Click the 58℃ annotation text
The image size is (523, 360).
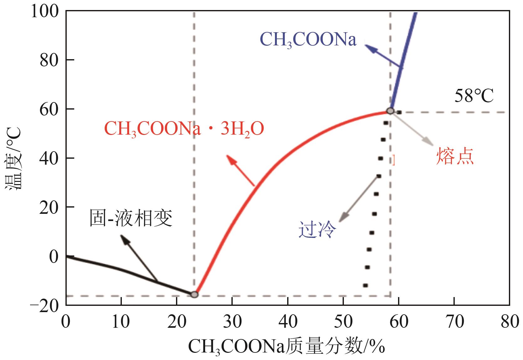click(x=474, y=97)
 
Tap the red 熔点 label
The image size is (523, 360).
click(x=455, y=157)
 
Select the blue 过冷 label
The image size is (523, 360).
click(x=317, y=230)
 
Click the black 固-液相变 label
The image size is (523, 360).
click(x=131, y=218)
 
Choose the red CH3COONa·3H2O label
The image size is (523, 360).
click(x=184, y=129)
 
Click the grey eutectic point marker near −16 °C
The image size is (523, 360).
click(x=194, y=294)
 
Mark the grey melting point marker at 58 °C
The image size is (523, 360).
click(x=390, y=111)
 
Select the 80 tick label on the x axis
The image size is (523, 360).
click(x=509, y=322)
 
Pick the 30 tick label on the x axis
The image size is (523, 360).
click(x=232, y=322)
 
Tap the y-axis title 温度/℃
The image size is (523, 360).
click(x=13, y=158)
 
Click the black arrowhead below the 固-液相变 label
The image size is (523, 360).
click(x=124, y=239)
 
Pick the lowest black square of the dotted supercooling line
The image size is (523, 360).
click(x=365, y=285)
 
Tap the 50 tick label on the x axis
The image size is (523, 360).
click(x=343, y=322)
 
